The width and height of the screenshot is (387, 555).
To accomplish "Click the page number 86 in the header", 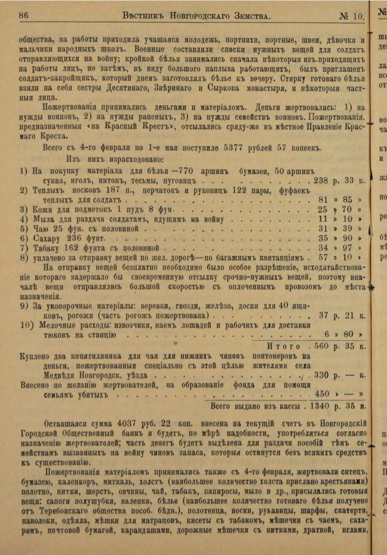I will (24, 15).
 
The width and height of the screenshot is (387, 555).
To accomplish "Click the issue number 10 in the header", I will (358, 15).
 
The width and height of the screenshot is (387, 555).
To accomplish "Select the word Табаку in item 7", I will (48, 247).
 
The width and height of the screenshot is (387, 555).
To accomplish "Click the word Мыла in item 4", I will (45, 219).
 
